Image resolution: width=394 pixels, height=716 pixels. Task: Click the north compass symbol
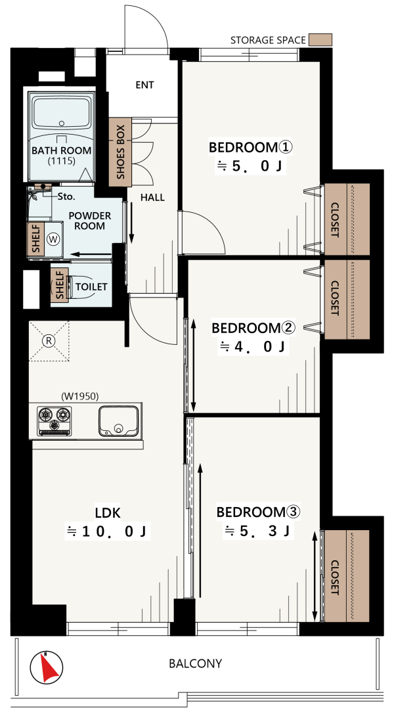coord(47,667)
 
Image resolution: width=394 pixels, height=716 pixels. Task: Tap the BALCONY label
coord(196,663)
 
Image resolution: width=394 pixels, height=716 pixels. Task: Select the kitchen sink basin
coord(118,420)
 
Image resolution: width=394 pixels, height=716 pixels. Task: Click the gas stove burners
coord(55,420)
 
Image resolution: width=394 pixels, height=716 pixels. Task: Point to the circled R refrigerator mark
coord(48,340)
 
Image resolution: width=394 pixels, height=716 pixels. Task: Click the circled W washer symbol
coord(54,239)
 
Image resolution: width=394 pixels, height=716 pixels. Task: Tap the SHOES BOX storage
coord(120,152)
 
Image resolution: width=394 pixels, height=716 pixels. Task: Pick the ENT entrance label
coord(144,85)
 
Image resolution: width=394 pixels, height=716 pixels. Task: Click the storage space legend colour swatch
coord(320,39)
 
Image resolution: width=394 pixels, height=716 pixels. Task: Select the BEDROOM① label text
coord(250,148)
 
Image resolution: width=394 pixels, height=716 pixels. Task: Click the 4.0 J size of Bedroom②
coord(252,347)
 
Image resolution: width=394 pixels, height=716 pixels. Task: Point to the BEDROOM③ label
coord(259,512)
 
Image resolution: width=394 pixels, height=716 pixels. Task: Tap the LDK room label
coord(108,513)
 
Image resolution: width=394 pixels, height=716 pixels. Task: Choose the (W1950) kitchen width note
coord(80,396)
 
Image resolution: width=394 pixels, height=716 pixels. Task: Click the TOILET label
coord(91,287)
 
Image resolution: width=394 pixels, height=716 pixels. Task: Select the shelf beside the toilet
coord(59,285)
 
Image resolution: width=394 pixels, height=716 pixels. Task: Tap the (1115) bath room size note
coord(61,161)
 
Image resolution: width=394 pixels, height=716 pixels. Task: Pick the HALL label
coord(152,198)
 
